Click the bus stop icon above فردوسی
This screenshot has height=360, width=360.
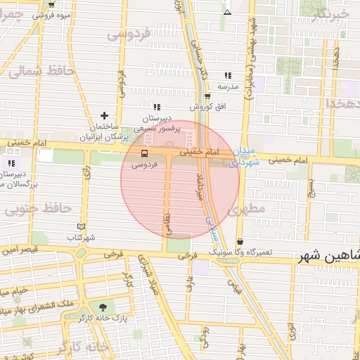click(x=144, y=153)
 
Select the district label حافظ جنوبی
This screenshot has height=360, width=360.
click(x=38, y=208)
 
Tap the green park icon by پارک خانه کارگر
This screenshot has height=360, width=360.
click(x=104, y=307)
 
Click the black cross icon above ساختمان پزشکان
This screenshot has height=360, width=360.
click(x=105, y=115)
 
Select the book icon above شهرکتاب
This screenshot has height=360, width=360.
click(x=82, y=226)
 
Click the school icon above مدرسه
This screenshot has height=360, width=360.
click(x=227, y=75)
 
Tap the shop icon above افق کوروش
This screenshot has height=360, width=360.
click(x=207, y=97)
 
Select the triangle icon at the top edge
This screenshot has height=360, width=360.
click(x=226, y=12)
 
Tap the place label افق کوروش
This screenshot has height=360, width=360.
click(x=207, y=107)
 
